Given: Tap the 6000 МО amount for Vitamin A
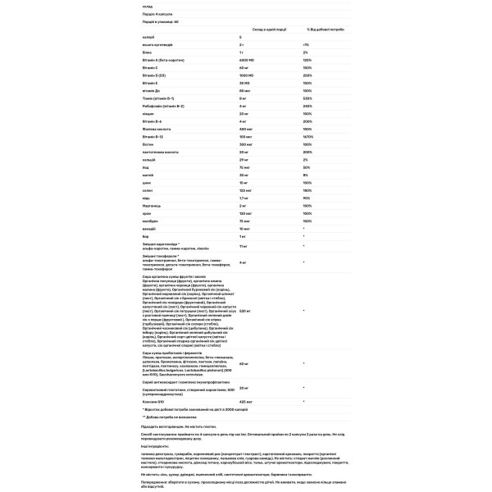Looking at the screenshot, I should [x=248, y=60].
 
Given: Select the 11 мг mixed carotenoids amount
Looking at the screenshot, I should [x=244, y=245].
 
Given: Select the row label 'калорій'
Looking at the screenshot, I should [x=148, y=38].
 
